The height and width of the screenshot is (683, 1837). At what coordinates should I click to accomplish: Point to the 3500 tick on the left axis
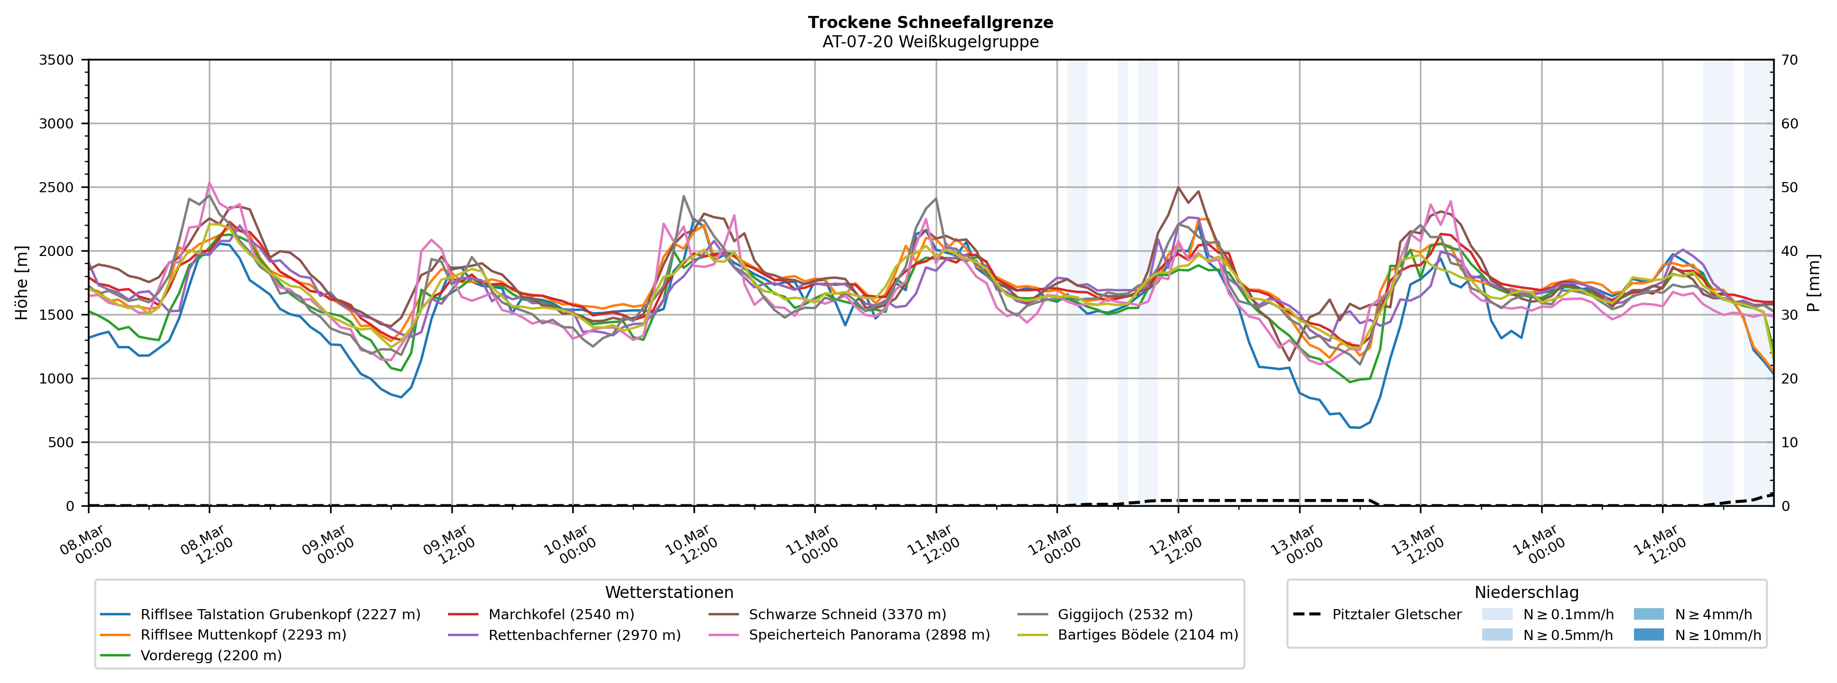pyautogui.click(x=57, y=60)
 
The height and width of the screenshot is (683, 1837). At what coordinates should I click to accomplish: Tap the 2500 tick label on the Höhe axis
pyautogui.click(x=57, y=187)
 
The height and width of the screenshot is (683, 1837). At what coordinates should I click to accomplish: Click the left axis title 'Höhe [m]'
pyautogui.click(x=21, y=283)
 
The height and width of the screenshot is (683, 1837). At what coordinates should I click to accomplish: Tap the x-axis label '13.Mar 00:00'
pyautogui.click(x=1296, y=545)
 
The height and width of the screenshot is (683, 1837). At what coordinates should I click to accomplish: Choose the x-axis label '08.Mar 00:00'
pyautogui.click(x=85, y=545)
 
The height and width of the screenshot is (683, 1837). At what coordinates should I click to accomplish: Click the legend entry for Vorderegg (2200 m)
pyautogui.click(x=210, y=655)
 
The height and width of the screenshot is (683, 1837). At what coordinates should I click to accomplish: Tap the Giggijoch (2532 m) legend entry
pyautogui.click(x=1125, y=614)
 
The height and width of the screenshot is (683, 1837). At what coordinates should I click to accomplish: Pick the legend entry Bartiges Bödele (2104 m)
pyautogui.click(x=1147, y=635)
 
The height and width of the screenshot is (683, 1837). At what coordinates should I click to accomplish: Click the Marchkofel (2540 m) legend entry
pyautogui.click(x=561, y=614)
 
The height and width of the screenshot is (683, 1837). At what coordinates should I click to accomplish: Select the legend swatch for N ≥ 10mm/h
pyautogui.click(x=1649, y=635)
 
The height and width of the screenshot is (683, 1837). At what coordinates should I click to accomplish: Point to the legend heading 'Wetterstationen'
pyautogui.click(x=669, y=593)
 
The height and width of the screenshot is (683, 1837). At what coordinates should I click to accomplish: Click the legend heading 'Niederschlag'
pyautogui.click(x=1526, y=593)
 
